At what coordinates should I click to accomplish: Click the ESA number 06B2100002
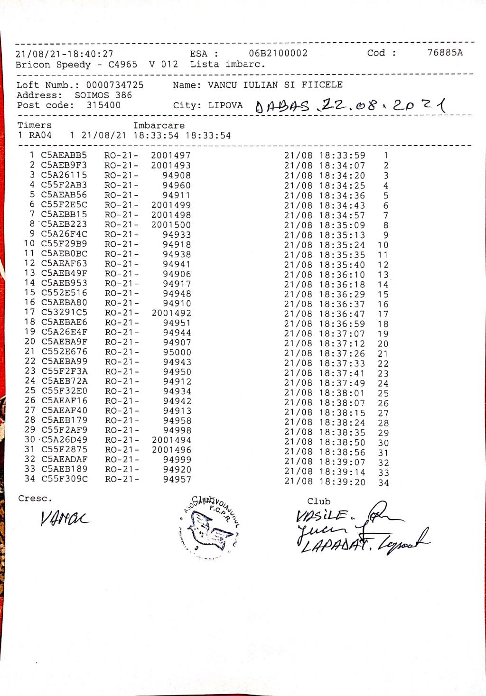pos(278,53)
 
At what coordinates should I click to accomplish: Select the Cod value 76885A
pos(445,53)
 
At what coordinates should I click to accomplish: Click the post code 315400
pos(103,105)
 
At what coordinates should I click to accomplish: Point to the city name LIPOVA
pos(225,105)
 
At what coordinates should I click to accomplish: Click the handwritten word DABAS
pos(282,106)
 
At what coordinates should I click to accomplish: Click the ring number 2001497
pos(170,156)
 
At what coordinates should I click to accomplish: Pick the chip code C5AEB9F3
pos(64,165)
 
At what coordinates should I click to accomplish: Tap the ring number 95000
pos(177,352)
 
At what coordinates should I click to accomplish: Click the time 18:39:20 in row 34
pos(342,482)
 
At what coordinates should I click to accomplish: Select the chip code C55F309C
pos(64,479)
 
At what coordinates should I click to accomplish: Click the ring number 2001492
pos(171,313)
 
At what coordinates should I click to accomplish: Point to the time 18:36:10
pos(342,275)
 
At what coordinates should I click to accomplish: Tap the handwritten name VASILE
pos(323,516)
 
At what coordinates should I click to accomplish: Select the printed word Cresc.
pos(35,499)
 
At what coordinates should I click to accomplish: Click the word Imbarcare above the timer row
pos(159,125)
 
